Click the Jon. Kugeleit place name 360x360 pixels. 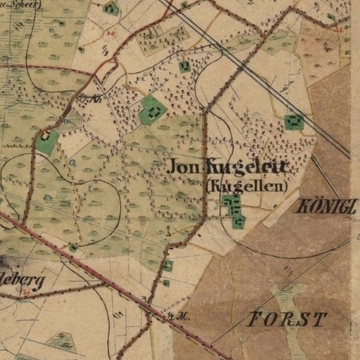click(228, 167)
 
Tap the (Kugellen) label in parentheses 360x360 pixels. click(247, 186)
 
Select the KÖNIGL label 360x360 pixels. click(326, 207)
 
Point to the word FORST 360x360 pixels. click(287, 319)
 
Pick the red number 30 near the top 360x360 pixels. click(109, 32)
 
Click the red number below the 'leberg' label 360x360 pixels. click(27, 292)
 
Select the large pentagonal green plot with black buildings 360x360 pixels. click(152, 109)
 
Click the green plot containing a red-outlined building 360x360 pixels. click(48, 140)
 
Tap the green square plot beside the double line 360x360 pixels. click(294, 122)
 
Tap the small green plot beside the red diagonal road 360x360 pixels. click(73, 248)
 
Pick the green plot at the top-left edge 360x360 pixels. click(112, 9)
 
